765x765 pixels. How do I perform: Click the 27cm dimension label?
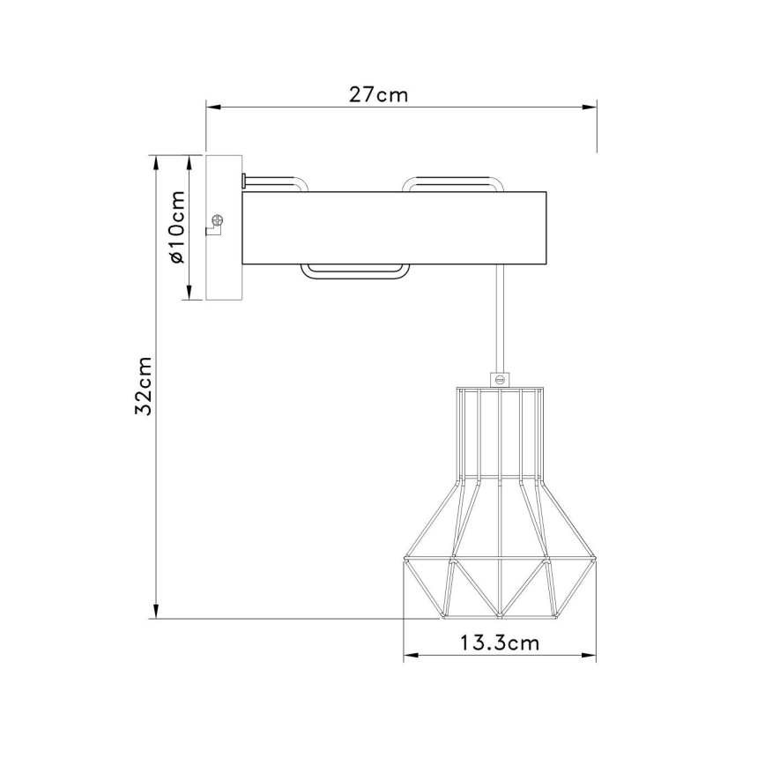tap(378, 94)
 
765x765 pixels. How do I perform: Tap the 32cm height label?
tap(144, 386)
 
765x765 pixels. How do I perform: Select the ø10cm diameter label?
tap(176, 227)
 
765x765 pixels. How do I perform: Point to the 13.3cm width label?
tap(500, 643)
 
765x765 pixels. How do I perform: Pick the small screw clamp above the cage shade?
tap(500, 379)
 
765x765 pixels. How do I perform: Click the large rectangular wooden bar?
tap(394, 227)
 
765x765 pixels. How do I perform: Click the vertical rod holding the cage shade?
tap(500, 318)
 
